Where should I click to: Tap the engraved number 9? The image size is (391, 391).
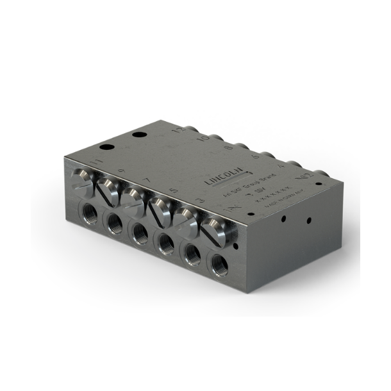(121, 171)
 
